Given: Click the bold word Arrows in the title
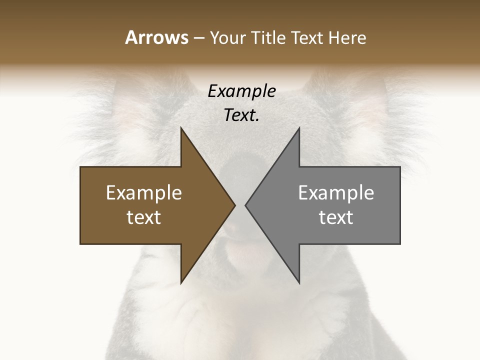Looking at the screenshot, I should pyautogui.click(x=156, y=37).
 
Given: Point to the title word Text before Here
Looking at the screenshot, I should pyautogui.click(x=308, y=37).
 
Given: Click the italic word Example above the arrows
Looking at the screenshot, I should pyautogui.click(x=242, y=91).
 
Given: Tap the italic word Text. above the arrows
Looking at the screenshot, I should pyautogui.click(x=242, y=115).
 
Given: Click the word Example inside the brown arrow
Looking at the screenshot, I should pyautogui.click(x=144, y=193).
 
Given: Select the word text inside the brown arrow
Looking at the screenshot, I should pyautogui.click(x=144, y=217).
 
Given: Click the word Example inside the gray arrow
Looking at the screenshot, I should pyautogui.click(x=336, y=193).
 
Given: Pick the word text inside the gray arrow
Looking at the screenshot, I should pyautogui.click(x=336, y=217).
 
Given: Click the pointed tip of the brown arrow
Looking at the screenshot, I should pyautogui.click(x=234, y=205).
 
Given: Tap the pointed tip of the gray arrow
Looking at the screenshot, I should pyautogui.click(x=245, y=205).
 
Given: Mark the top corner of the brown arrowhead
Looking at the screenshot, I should pyautogui.click(x=181, y=128).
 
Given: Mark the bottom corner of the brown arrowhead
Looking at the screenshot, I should pyautogui.click(x=181, y=282).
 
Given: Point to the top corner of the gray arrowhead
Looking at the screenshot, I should pyautogui.click(x=299, y=128).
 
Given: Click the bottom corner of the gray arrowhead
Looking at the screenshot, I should pyautogui.click(x=299, y=282).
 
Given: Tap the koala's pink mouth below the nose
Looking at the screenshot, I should pyautogui.click(x=240, y=250).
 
